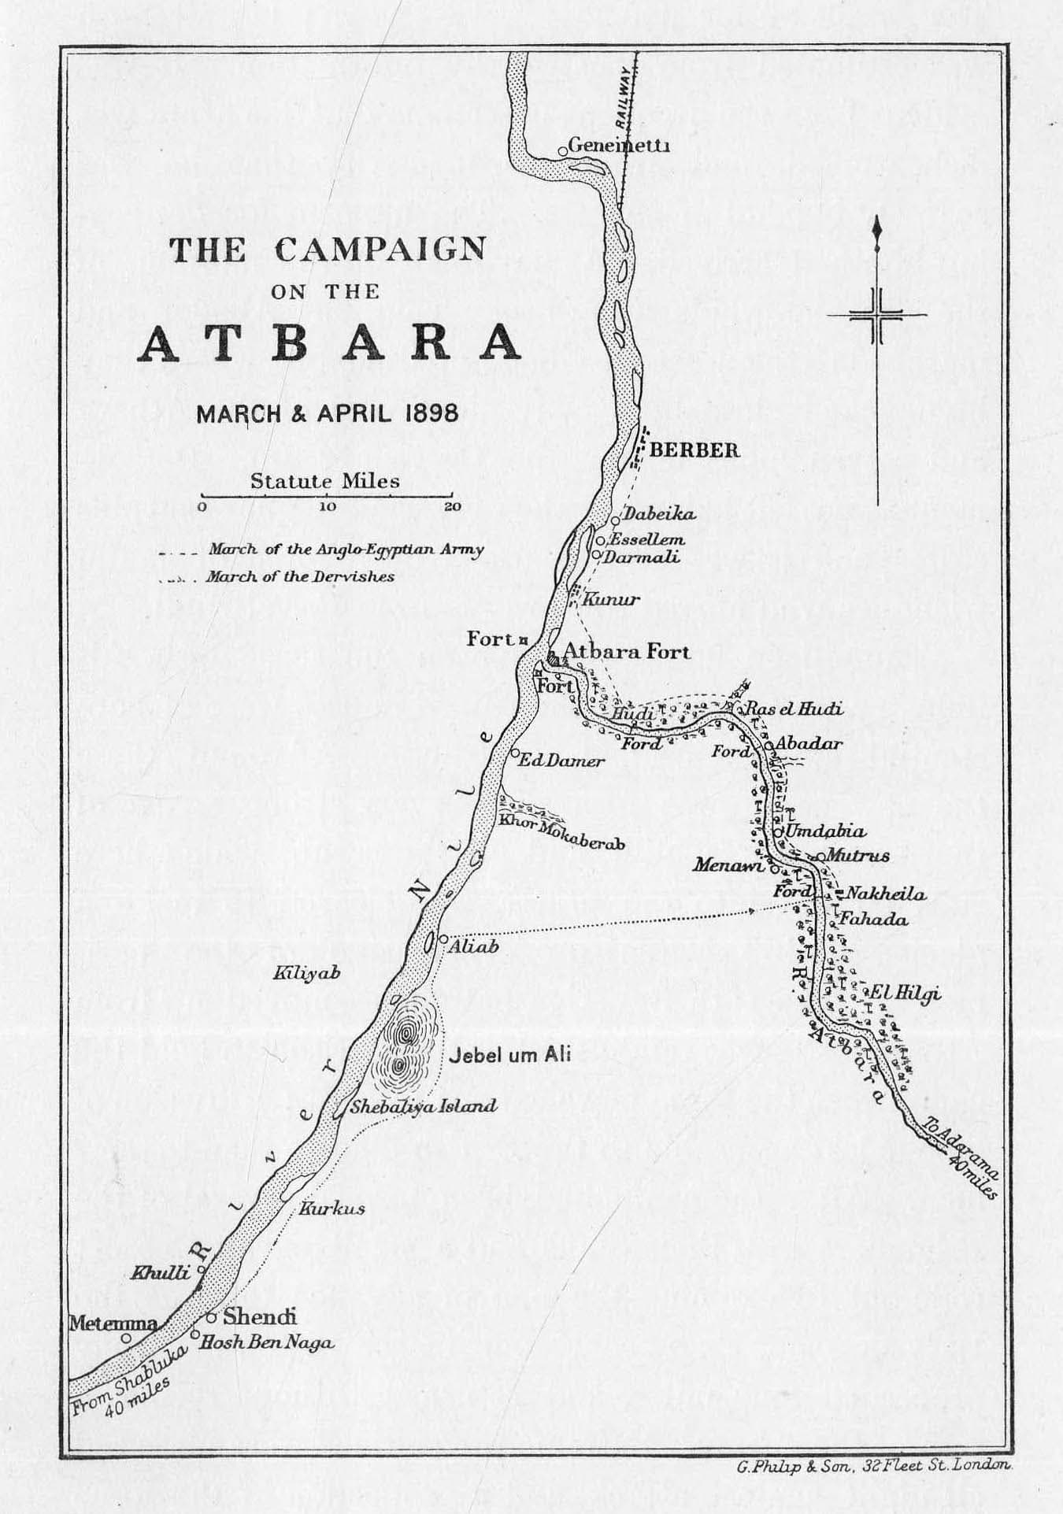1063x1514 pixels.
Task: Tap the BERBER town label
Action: pyautogui.click(x=695, y=450)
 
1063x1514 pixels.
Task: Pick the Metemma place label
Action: pyautogui.click(x=113, y=1323)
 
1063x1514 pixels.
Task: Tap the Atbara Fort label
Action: pyautogui.click(x=627, y=652)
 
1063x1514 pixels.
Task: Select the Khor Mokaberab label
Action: pyautogui.click(x=561, y=842)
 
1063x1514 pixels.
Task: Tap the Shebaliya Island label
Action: pyautogui.click(x=424, y=1106)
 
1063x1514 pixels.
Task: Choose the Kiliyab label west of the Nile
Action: pyautogui.click(x=306, y=974)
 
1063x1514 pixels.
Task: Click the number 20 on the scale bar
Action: pyautogui.click(x=452, y=507)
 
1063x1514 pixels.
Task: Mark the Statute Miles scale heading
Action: pyautogui.click(x=324, y=481)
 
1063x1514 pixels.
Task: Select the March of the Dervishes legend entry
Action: pyautogui.click(x=299, y=577)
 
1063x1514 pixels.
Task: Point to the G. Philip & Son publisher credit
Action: pyautogui.click(x=873, y=1465)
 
